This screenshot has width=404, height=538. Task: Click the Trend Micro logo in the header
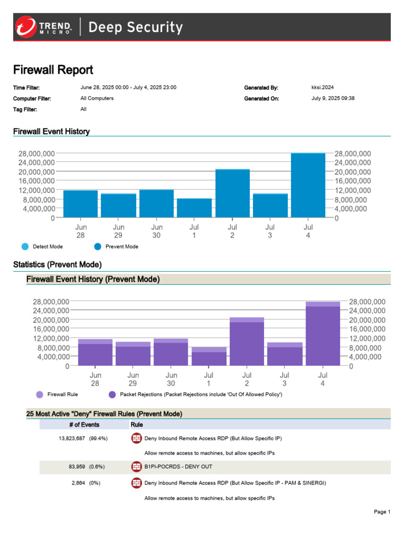click(43, 27)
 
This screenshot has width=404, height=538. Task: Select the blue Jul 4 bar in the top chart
click(308, 185)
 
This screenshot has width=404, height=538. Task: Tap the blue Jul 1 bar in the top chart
click(194, 208)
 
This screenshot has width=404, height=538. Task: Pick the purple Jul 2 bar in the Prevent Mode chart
click(247, 342)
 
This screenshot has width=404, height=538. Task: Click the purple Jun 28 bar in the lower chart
click(95, 352)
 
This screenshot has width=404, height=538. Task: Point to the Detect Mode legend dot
click(25, 246)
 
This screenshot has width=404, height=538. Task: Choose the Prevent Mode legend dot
click(98, 246)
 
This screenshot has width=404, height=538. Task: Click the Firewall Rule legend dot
click(39, 395)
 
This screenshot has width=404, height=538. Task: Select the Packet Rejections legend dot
click(112, 395)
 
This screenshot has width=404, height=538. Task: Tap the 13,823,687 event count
click(72, 439)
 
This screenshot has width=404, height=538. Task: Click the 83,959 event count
click(77, 467)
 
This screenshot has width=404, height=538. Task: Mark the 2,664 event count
click(78, 483)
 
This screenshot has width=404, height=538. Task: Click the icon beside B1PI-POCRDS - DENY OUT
click(137, 467)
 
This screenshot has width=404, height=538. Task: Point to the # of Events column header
click(84, 425)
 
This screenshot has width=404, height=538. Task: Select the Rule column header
click(137, 425)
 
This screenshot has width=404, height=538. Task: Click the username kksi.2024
click(322, 87)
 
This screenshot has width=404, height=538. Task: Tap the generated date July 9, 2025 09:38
click(333, 98)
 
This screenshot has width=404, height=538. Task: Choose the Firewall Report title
click(53, 70)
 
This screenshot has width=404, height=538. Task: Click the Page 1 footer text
click(382, 512)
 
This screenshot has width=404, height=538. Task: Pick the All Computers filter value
click(97, 98)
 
